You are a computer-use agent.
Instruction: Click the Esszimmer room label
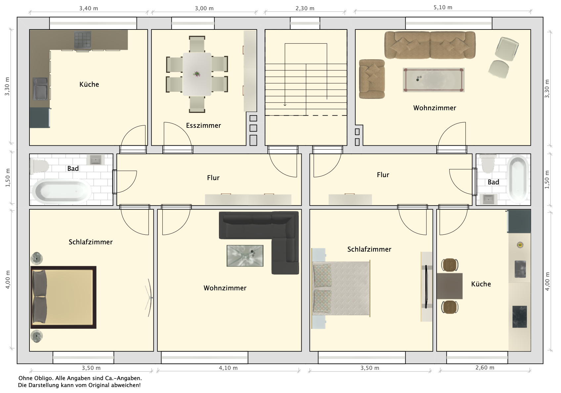[x=203, y=125]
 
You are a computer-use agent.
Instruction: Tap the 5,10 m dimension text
[x=443, y=8]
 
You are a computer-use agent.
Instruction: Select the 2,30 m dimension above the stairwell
[x=305, y=8]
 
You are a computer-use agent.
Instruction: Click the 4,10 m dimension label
[x=228, y=368]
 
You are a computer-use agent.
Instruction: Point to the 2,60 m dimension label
[x=485, y=368]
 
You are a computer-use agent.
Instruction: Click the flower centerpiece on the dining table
[x=197, y=74]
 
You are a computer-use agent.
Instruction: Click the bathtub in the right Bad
[x=518, y=179]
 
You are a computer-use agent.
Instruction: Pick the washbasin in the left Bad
[x=95, y=160]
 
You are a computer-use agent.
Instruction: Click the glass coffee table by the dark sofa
[x=245, y=256]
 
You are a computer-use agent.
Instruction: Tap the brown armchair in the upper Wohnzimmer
[x=372, y=79]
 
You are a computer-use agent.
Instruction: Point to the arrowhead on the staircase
[x=285, y=105]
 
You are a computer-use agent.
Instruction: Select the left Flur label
[x=213, y=178]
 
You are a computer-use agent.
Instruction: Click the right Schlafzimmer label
[x=369, y=249]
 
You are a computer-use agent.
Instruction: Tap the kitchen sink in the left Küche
[x=40, y=89]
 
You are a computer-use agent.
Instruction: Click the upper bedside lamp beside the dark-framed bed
[x=37, y=258]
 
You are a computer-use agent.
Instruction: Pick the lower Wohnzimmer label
[x=225, y=288]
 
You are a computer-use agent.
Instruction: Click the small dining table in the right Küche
[x=450, y=286]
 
